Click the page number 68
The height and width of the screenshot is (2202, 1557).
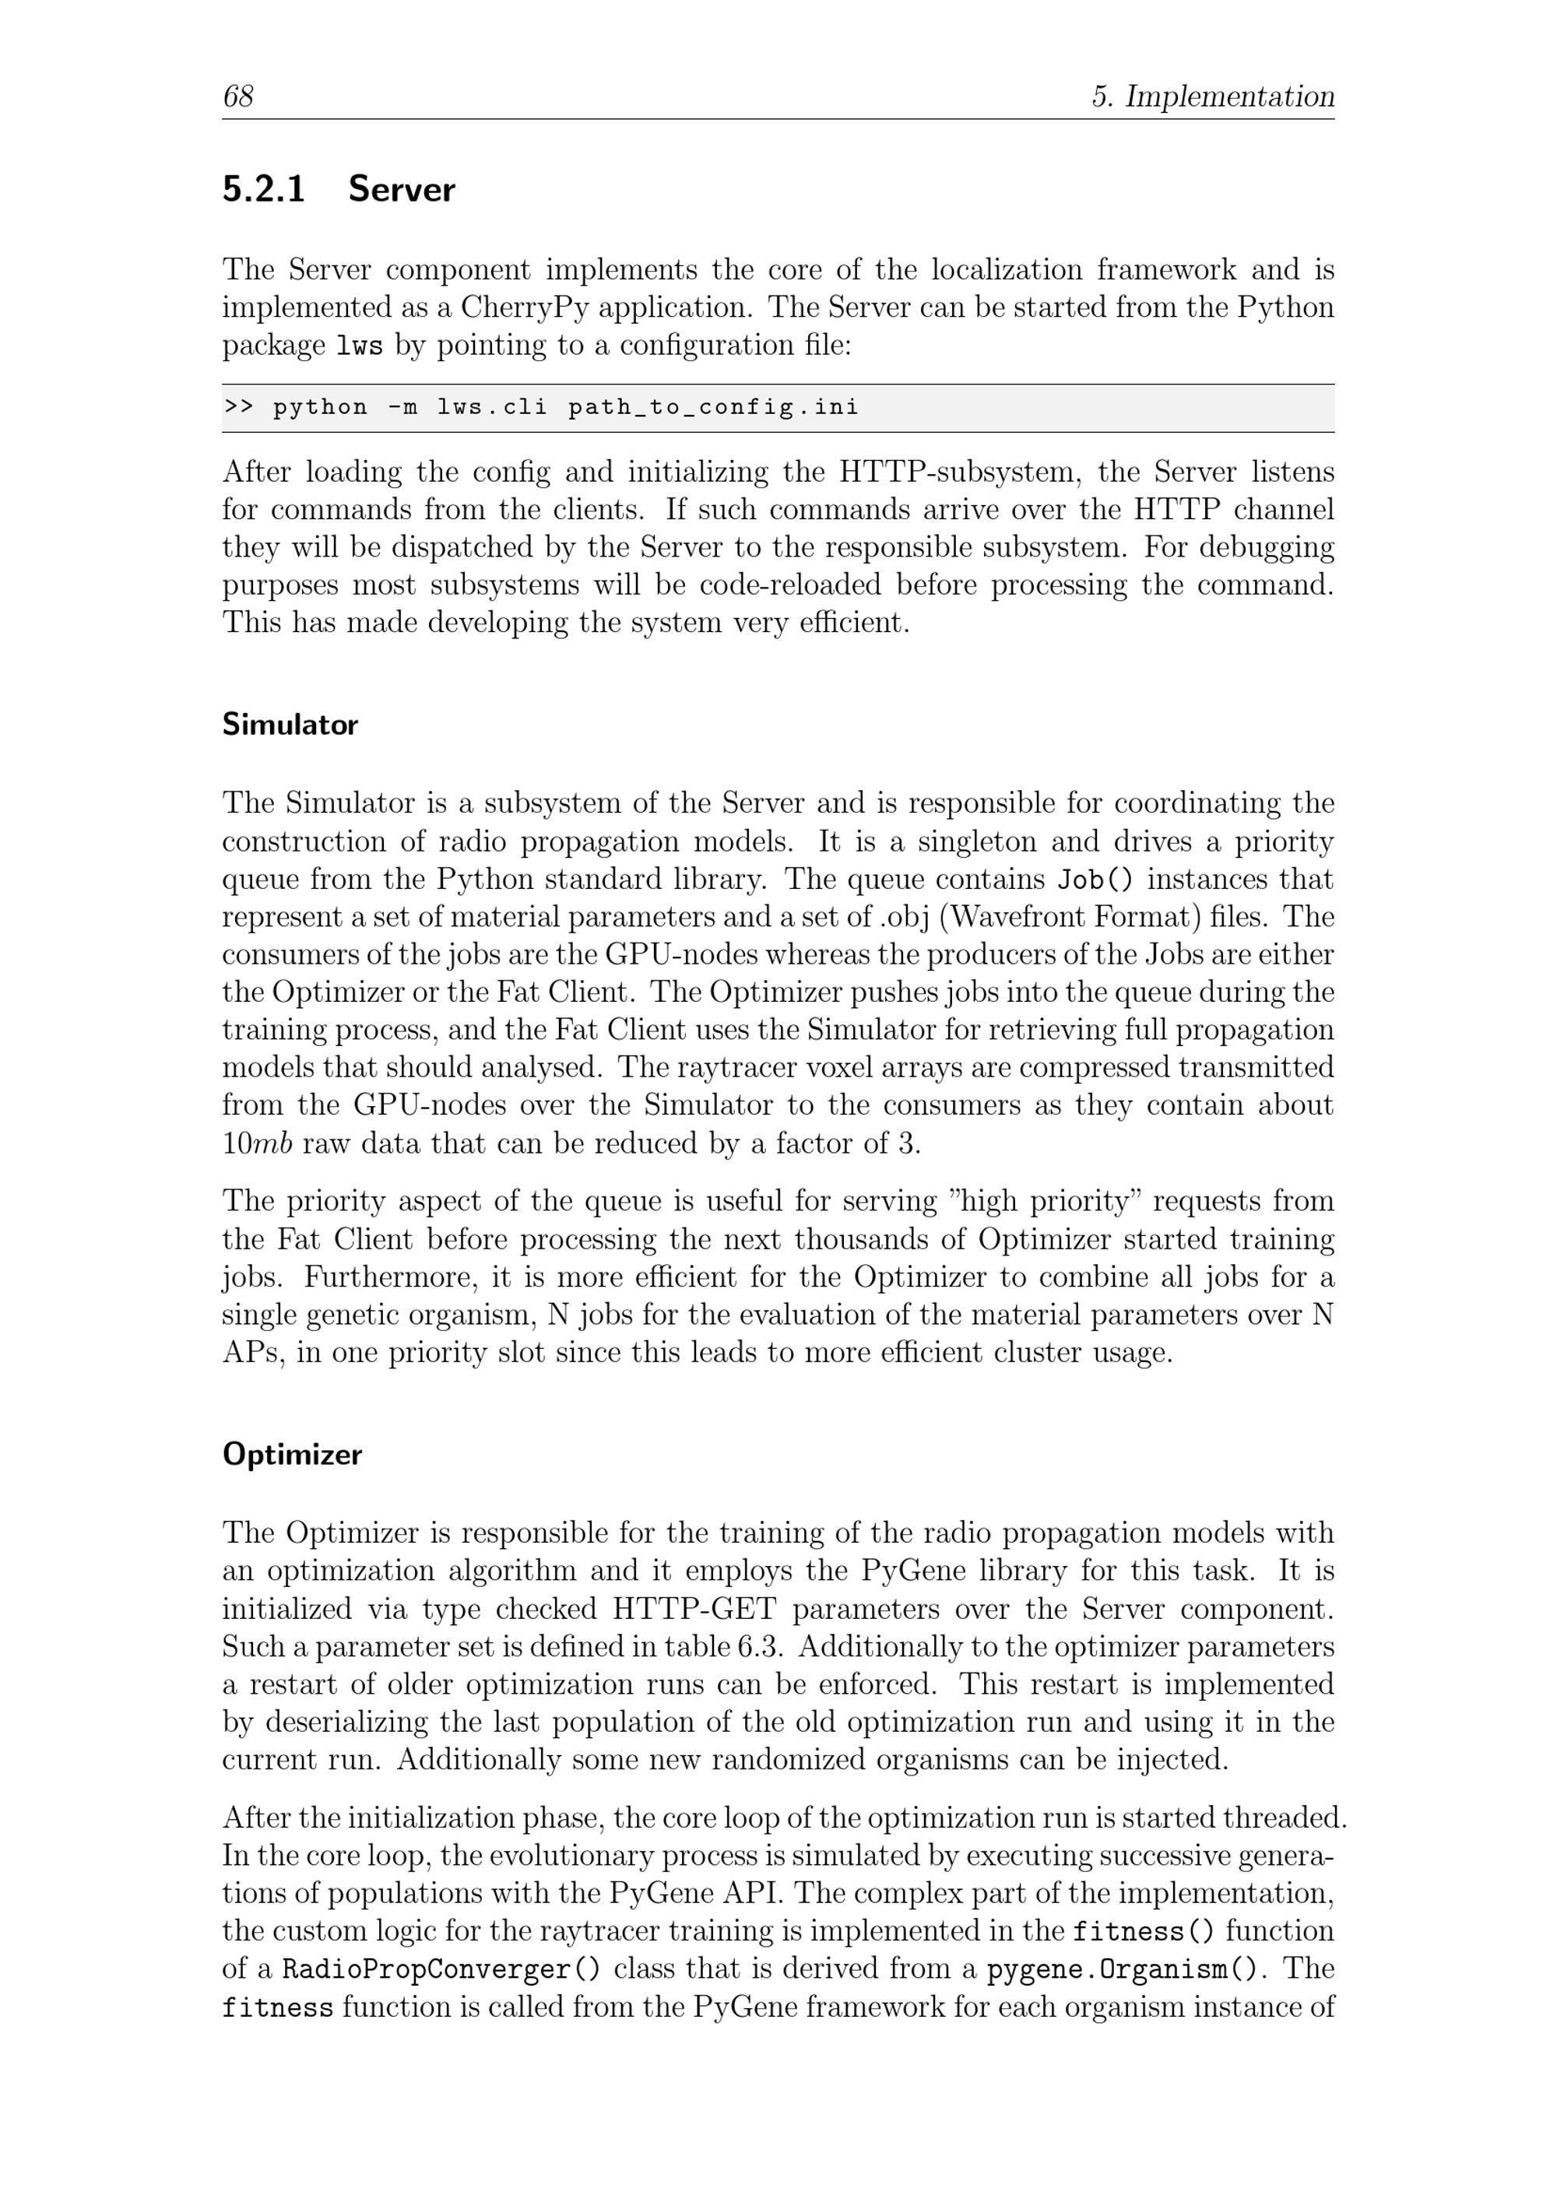pyautogui.click(x=238, y=96)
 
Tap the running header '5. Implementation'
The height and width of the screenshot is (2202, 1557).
pyautogui.click(x=1213, y=96)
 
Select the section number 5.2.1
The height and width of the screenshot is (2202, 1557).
pyautogui.click(x=264, y=189)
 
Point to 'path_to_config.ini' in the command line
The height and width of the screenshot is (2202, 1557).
pyautogui.click(x=713, y=408)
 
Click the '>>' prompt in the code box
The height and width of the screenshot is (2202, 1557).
pyautogui.click(x=238, y=408)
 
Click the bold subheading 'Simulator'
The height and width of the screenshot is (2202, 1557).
pyautogui.click(x=290, y=724)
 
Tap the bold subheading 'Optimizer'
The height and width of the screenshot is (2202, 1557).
pyautogui.click(x=293, y=1454)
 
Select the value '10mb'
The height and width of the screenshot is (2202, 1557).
pyautogui.click(x=257, y=1143)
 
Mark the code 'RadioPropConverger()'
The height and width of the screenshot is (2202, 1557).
pyautogui.click(x=442, y=1969)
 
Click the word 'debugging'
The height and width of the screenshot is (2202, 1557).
pyautogui.click(x=1267, y=548)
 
